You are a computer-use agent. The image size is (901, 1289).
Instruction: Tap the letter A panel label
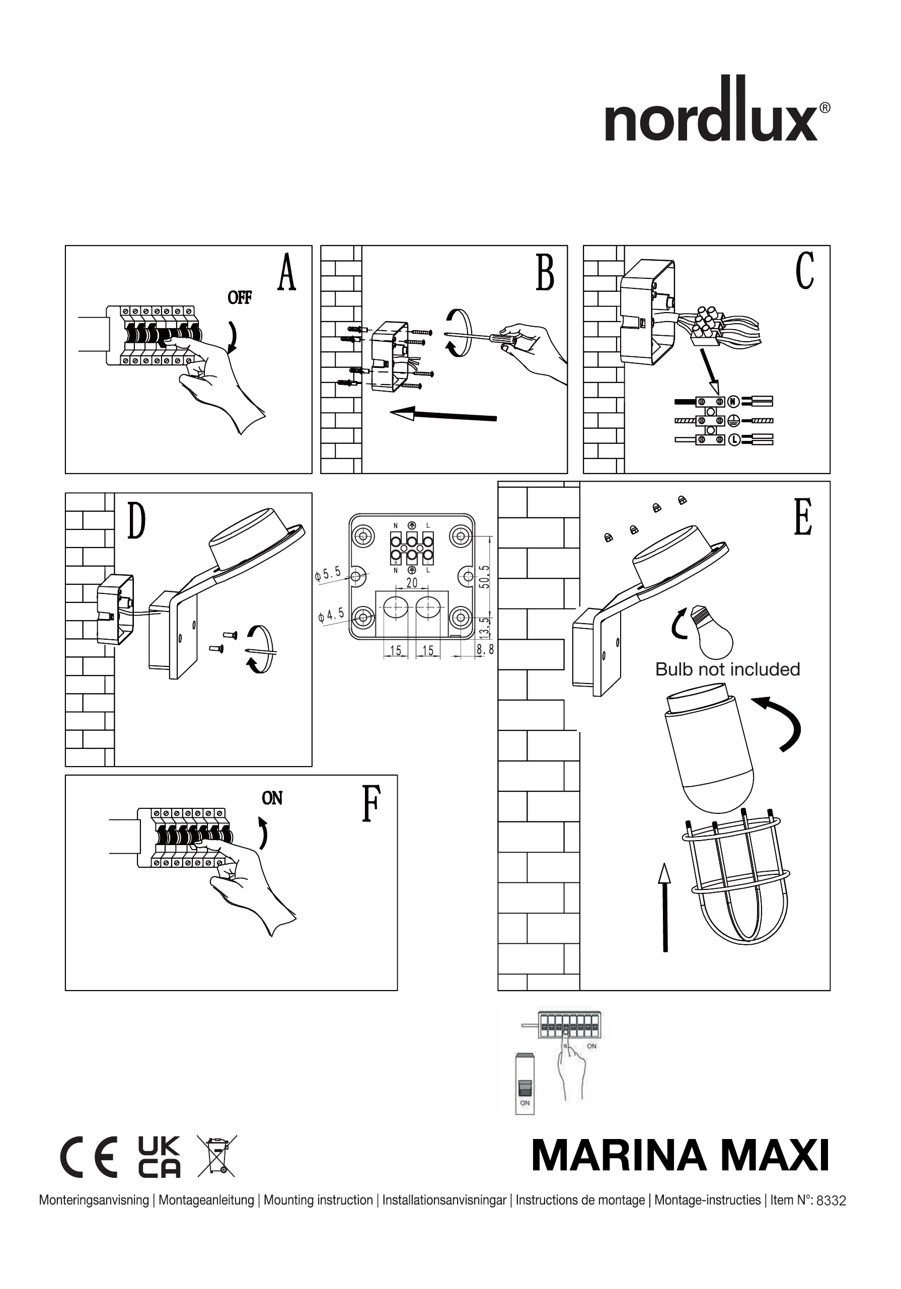coord(286,273)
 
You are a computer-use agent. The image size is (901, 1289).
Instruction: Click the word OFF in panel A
coord(240,297)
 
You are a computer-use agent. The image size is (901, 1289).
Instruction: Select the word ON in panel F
coord(272,798)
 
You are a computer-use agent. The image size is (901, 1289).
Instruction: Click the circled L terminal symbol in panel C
coord(733,440)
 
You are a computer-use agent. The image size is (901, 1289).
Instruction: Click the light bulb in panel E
coord(712,633)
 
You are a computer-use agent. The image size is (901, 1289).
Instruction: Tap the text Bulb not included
coord(727,670)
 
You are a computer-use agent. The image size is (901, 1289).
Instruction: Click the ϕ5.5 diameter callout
coord(328,574)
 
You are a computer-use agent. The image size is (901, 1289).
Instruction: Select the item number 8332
coord(831,1201)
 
